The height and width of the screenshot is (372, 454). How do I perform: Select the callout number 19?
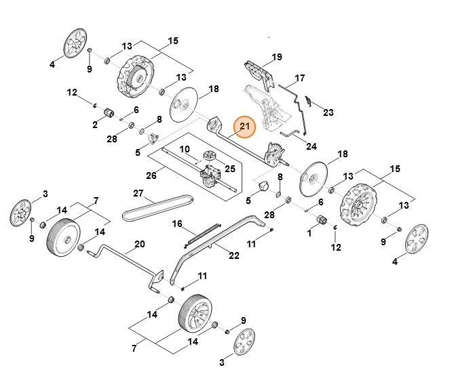pyautogui.click(x=276, y=56)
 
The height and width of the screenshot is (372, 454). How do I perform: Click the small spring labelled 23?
pyautogui.click(x=308, y=100)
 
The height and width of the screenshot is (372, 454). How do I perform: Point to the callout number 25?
pyautogui.click(x=229, y=168)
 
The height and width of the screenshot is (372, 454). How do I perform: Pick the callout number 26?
pyautogui.click(x=151, y=175)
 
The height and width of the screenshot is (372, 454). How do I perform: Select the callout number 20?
pyautogui.click(x=140, y=244)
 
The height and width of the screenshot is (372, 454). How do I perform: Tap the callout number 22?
pyautogui.click(x=234, y=255)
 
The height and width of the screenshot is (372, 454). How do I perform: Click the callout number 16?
pyautogui.click(x=177, y=224)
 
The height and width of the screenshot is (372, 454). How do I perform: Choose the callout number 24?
pyautogui.click(x=311, y=146)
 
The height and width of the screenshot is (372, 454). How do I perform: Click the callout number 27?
pyautogui.click(x=138, y=193)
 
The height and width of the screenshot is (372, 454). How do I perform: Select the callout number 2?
pyautogui.click(x=95, y=125)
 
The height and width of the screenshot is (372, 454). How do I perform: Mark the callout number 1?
pyautogui.click(x=309, y=233)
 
